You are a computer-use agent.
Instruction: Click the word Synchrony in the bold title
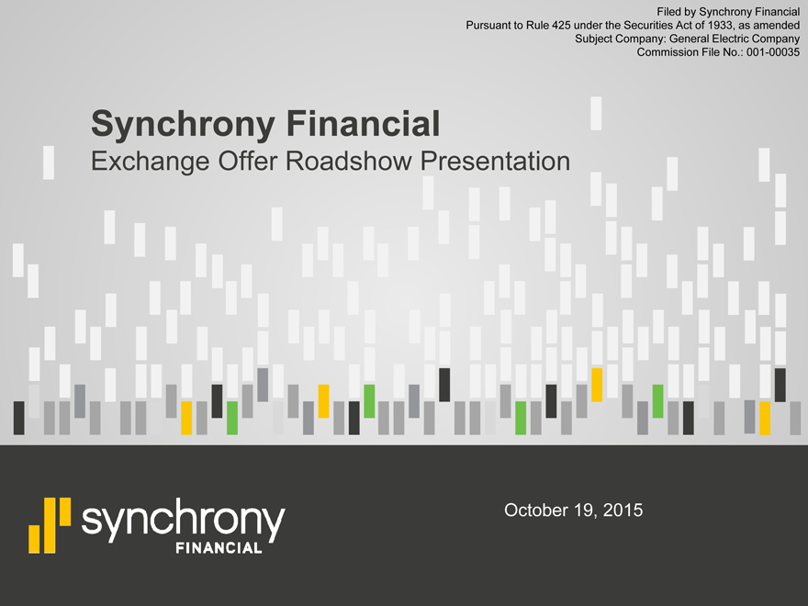[x=183, y=124]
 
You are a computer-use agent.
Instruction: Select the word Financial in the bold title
[x=364, y=123]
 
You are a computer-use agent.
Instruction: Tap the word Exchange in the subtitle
[x=151, y=162]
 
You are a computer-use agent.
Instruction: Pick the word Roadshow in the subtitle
[x=349, y=161]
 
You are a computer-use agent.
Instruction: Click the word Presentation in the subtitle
[x=495, y=161]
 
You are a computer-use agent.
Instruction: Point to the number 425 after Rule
[x=561, y=26]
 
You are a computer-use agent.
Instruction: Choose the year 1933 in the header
[x=722, y=26]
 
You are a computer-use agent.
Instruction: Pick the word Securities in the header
[x=646, y=26]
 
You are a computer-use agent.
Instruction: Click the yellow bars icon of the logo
[x=50, y=525]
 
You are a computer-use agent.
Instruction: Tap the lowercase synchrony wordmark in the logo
[x=184, y=520]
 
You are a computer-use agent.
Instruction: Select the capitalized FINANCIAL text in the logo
[x=219, y=548]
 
